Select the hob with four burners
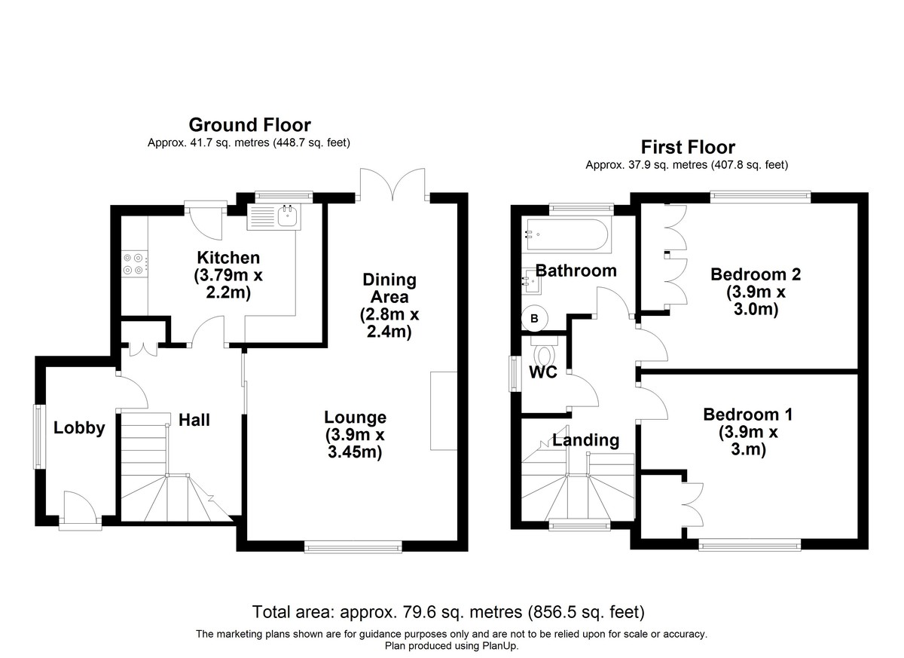coord(134,263)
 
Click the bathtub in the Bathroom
coord(566,234)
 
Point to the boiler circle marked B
coord(534,319)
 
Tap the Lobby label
coord(79,428)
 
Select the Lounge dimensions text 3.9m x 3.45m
coord(355,443)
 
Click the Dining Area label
coord(389,288)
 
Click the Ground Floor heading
coord(249,124)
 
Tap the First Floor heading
coord(687,147)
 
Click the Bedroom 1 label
coord(747,414)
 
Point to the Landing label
coord(585,440)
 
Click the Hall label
coord(194,420)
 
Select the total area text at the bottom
coord(448,611)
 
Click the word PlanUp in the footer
coord(499,646)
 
